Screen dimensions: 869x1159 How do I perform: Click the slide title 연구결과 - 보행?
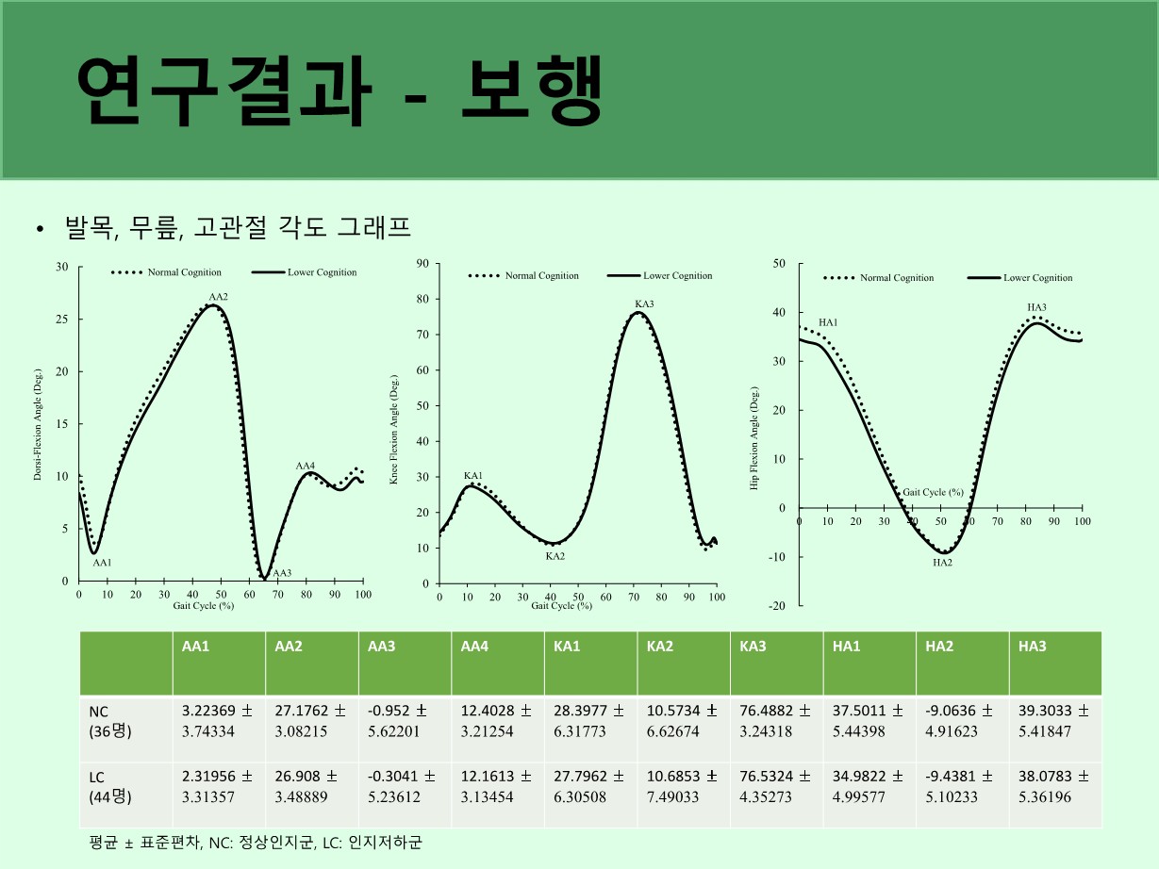click(x=339, y=91)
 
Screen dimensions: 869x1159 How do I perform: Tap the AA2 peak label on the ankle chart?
click(x=218, y=298)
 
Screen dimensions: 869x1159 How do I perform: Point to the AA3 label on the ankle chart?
click(x=281, y=573)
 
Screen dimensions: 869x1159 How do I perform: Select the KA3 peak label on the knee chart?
click(x=644, y=303)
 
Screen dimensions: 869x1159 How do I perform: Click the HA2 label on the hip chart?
click(x=942, y=563)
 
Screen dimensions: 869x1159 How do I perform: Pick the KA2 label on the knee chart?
click(x=555, y=556)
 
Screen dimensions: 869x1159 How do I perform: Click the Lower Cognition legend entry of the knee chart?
click(x=659, y=276)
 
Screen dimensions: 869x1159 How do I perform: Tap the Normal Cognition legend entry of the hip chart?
click(x=878, y=278)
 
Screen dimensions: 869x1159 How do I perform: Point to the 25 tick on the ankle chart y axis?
click(x=62, y=320)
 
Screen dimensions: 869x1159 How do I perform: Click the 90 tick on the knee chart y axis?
click(x=423, y=264)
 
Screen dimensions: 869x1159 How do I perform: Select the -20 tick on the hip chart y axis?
click(x=778, y=605)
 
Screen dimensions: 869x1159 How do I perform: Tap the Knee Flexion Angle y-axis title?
click(x=394, y=430)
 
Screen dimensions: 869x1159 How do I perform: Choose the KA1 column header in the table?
click(x=568, y=647)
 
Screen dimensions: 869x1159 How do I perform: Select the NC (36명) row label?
click(x=109, y=721)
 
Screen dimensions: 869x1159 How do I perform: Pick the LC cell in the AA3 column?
click(x=401, y=786)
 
